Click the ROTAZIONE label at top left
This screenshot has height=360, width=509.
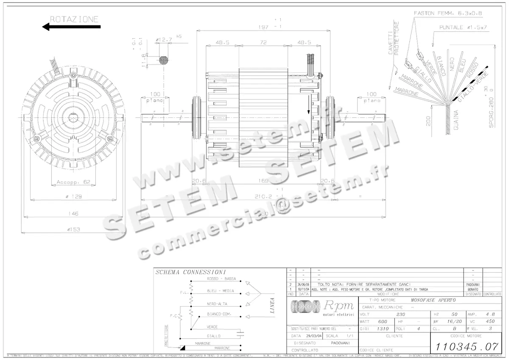click(74, 19)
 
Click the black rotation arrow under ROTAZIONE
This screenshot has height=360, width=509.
click(71, 27)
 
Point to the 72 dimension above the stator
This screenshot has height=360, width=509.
click(263, 43)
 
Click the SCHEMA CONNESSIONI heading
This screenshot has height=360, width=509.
click(190, 272)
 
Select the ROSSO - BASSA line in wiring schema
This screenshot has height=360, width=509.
click(218, 279)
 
